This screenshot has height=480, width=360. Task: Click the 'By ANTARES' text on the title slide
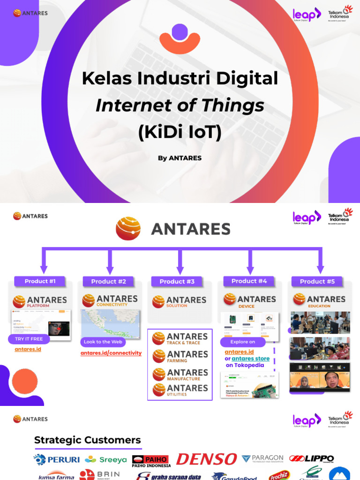tap(180, 158)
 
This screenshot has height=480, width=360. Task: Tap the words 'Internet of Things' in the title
tap(180, 105)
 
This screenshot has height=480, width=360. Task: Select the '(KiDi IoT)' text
tap(180, 132)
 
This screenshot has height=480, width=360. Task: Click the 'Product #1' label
tap(40, 281)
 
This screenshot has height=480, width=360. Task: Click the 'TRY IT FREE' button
tap(29, 339)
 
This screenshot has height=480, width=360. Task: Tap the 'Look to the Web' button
tap(103, 342)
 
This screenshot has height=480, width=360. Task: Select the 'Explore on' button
tap(242, 342)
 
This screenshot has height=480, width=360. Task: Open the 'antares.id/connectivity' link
tap(111, 353)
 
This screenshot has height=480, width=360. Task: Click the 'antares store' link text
tap(251, 359)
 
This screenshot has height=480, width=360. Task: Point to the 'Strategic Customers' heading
tap(87, 440)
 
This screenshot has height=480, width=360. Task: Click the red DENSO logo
tap(206, 459)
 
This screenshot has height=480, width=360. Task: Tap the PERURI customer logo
tap(57, 459)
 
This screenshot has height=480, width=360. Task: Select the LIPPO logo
tap(311, 459)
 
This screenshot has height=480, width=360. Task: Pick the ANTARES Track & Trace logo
tap(180, 338)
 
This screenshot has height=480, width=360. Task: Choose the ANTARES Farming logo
tap(180, 356)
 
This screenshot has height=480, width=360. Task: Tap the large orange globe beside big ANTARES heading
tap(128, 229)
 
